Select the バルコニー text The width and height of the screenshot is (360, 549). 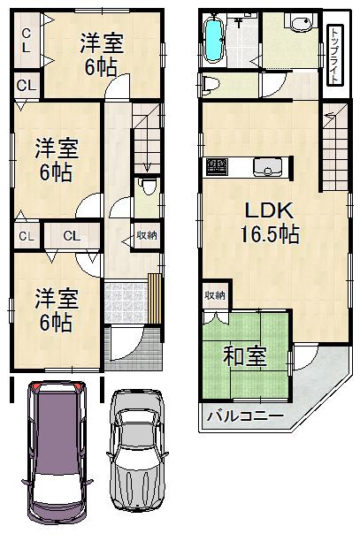tap(245, 416)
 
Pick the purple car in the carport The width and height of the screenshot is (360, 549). tap(55, 451)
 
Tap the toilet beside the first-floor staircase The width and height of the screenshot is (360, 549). tap(148, 187)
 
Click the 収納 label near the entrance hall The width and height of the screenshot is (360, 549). tap(147, 235)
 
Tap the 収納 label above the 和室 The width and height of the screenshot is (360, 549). tap(215, 295)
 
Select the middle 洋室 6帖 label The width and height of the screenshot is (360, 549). tap(54, 156)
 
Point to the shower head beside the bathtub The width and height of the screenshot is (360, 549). tap(241, 20)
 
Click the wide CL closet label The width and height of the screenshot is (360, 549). tap(72, 236)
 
